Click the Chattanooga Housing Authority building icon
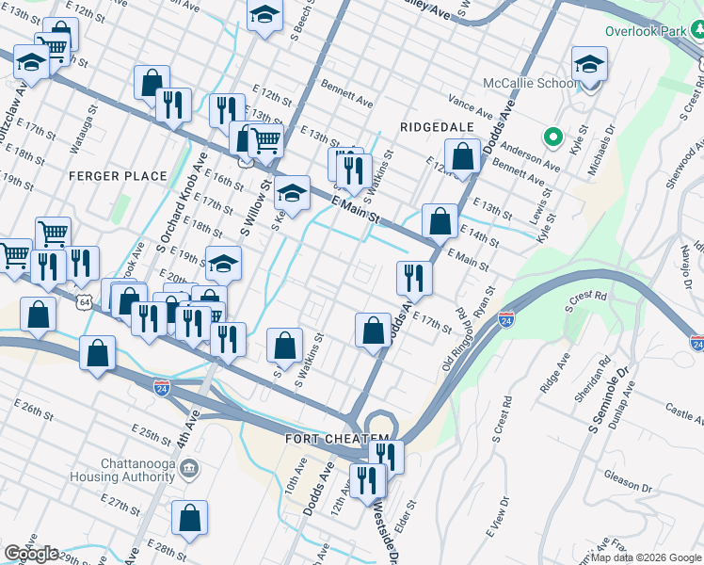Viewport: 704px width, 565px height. click(x=188, y=468)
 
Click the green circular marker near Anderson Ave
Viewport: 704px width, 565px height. click(x=554, y=136)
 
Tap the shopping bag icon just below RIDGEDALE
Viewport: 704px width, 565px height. click(x=462, y=157)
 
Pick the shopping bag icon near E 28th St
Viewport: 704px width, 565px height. click(x=189, y=517)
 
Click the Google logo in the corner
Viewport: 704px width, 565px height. click(x=31, y=554)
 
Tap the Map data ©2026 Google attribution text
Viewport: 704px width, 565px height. click(x=645, y=557)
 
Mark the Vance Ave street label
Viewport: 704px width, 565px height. click(x=471, y=101)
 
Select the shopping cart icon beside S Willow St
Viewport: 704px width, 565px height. click(x=266, y=141)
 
